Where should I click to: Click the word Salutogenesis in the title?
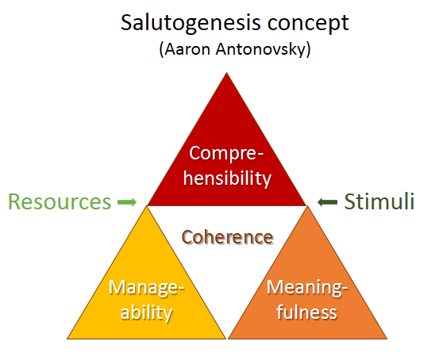coord(191,24)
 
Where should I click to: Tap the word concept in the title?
coord(308,25)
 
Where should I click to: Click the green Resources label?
coord(60,201)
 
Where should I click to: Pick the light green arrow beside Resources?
coord(127,201)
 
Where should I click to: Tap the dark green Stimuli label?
coord(379,201)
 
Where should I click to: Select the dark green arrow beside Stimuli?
coord(327,202)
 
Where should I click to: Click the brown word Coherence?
coord(228,237)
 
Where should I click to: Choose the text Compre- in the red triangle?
coord(226,153)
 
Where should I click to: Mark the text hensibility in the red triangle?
coord(227,178)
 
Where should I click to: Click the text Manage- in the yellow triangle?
coord(147,288)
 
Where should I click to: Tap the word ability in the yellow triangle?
coord(146,312)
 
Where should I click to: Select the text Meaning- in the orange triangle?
coord(307,288)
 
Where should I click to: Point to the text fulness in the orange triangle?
coord(306,312)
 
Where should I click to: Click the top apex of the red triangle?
coord(227,73)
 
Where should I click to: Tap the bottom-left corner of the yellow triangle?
coord(67,339)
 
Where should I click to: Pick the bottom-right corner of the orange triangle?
coord(387,339)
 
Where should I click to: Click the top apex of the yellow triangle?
coord(147,207)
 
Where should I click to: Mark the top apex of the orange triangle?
coord(307,206)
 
